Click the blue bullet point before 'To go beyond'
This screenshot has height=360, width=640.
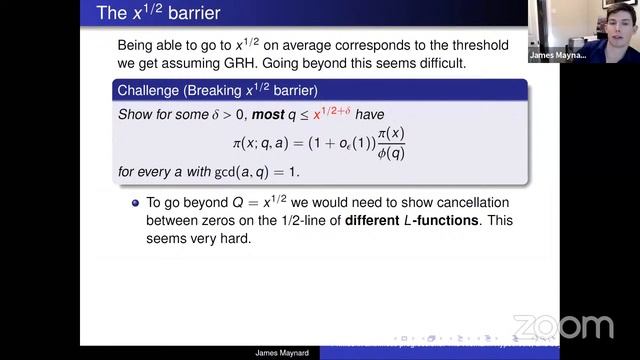click(135, 201)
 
